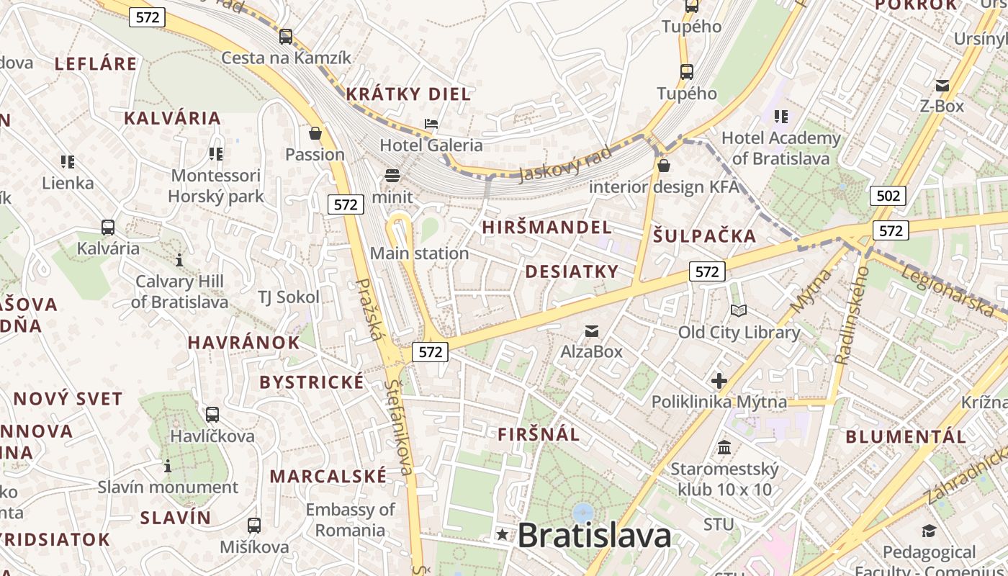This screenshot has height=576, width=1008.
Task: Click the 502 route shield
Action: click(887, 196)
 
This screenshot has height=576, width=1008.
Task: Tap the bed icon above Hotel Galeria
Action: click(431, 124)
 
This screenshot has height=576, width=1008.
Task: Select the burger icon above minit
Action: click(392, 175)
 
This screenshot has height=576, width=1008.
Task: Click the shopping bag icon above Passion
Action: click(315, 133)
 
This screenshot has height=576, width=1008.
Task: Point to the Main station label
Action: click(419, 253)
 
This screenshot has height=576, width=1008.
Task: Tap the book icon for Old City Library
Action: click(739, 311)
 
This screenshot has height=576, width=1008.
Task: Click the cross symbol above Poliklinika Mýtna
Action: click(719, 380)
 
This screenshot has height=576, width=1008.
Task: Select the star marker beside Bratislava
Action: click(502, 535)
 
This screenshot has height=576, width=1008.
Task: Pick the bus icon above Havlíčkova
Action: click(212, 415)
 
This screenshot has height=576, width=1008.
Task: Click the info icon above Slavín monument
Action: click(168, 467)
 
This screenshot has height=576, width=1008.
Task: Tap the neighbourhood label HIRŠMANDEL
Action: click(546, 228)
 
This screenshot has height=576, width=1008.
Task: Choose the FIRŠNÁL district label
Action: click(539, 434)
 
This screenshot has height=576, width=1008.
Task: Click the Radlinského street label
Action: click(852, 314)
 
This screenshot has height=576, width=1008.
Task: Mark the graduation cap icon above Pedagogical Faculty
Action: click(929, 531)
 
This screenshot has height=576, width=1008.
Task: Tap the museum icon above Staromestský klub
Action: click(724, 448)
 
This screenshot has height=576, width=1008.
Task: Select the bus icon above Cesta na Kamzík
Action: click(286, 37)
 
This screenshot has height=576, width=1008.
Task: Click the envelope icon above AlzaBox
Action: click(592, 331)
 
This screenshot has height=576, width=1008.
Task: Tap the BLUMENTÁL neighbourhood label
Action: click(906, 436)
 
